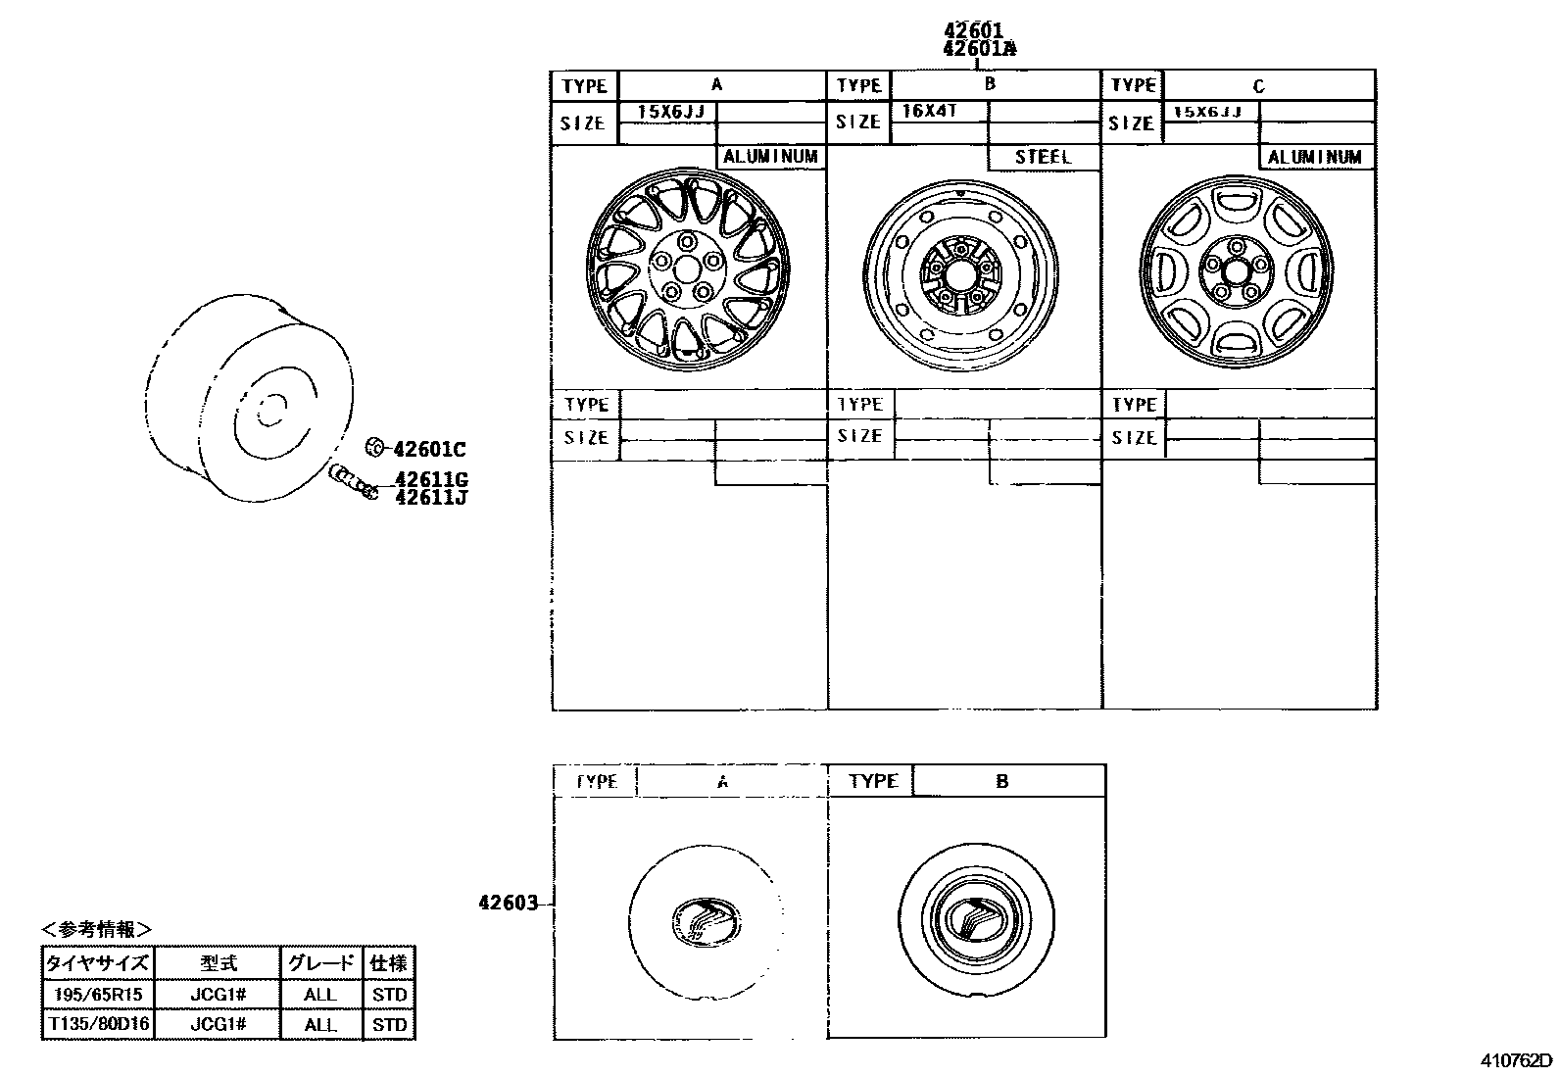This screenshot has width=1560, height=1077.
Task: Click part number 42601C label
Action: pyautogui.click(x=429, y=450)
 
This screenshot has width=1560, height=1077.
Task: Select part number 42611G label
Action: pyautogui.click(x=431, y=479)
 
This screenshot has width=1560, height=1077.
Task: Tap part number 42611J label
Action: pyautogui.click(x=431, y=497)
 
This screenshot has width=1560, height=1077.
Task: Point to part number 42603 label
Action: pyautogui.click(x=509, y=904)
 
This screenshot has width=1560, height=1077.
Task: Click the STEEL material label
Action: pyautogui.click(x=1043, y=157)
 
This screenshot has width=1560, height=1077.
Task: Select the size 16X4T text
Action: pyautogui.click(x=928, y=111)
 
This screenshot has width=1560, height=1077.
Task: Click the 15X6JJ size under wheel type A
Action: pyautogui.click(x=671, y=112)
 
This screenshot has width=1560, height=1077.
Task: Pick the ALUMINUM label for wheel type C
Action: pyautogui.click(x=1315, y=157)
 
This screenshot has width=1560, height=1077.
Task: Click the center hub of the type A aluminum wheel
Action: pyautogui.click(x=686, y=268)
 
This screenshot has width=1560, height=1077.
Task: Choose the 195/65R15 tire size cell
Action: pyautogui.click(x=97, y=994)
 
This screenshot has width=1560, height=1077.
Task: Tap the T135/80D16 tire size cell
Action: pyautogui.click(x=97, y=1024)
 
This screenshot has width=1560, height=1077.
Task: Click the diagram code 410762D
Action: pyautogui.click(x=1516, y=1060)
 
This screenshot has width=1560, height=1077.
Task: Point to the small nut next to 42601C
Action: pyautogui.click(x=372, y=448)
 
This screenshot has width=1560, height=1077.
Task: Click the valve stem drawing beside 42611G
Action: pyautogui.click(x=355, y=481)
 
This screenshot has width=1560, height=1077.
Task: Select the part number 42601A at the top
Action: pyautogui.click(x=979, y=48)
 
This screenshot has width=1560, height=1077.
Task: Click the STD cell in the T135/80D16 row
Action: pyautogui.click(x=389, y=1024)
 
